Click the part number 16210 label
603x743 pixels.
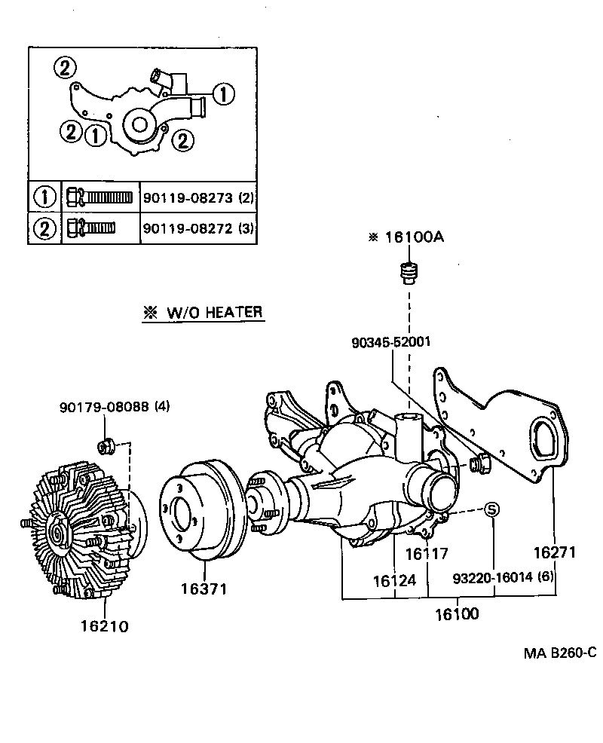point(105,626)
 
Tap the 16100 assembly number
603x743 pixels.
point(456,613)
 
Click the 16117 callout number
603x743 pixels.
point(427,554)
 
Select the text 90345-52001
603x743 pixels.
point(390,341)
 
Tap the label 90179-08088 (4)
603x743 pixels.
point(115,407)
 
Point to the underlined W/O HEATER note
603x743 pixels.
point(204,313)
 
